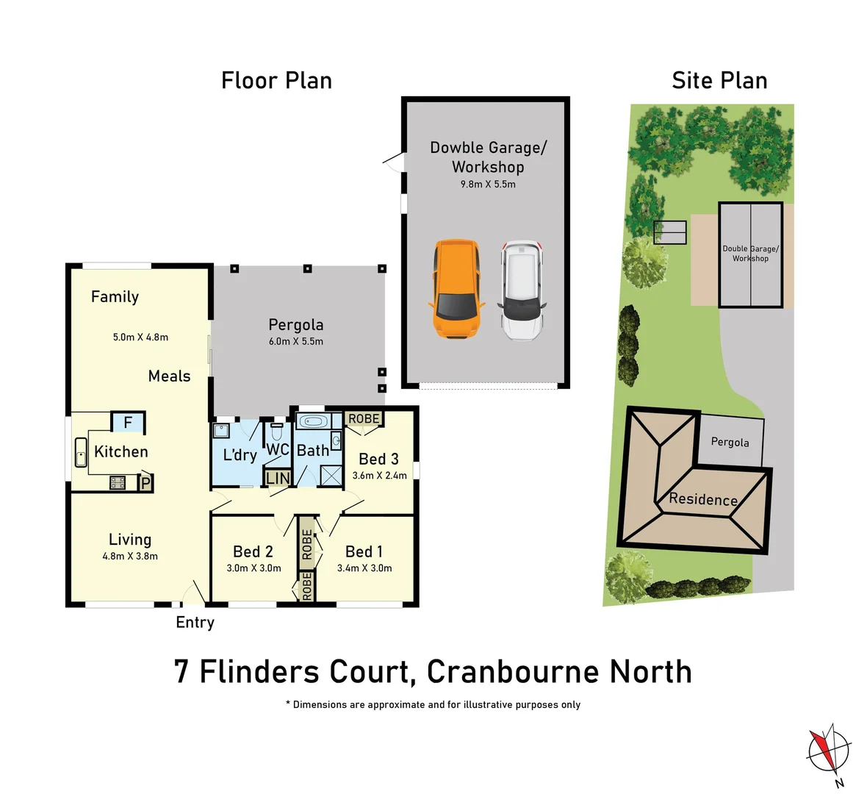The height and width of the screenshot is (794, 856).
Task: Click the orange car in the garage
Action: pos(456,289)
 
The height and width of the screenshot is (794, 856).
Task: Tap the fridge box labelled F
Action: pos(128,423)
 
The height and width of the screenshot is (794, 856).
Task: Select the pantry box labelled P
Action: pos(145,483)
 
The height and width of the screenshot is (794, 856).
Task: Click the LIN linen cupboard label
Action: pos(278,478)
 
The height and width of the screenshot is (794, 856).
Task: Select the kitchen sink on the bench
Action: pos(80,452)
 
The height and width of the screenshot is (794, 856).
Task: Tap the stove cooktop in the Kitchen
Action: pos(118,483)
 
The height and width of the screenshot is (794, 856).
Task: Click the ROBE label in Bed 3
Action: pos(364,418)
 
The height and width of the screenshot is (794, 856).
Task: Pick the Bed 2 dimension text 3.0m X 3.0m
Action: pos(253,568)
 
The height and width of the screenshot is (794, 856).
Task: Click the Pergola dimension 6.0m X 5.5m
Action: pos(295,341)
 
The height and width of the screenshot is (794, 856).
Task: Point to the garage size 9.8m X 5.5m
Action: pos(488,184)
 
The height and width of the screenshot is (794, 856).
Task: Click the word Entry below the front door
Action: pos(195,622)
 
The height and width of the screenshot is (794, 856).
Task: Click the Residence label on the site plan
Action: pos(703,499)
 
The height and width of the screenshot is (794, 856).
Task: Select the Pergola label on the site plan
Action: pos(730,442)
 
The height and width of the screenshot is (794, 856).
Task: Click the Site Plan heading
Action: pos(719,80)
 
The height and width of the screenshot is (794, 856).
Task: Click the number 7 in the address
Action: pos(181,672)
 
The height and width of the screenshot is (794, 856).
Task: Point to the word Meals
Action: pos(169,376)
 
